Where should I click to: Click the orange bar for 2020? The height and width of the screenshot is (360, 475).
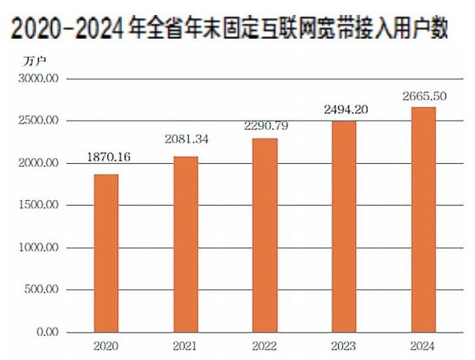(x=106, y=253)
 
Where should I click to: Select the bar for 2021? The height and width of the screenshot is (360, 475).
(x=185, y=244)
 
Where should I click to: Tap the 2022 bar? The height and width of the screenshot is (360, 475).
(x=265, y=236)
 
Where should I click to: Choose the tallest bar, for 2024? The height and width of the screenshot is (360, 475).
(x=422, y=220)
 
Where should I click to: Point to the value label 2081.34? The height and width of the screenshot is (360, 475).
(x=187, y=139)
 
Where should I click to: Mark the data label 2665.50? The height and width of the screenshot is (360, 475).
(x=424, y=95)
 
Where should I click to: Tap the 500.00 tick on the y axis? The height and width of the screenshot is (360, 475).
(x=41, y=290)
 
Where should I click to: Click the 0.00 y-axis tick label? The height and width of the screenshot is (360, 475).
(x=46, y=332)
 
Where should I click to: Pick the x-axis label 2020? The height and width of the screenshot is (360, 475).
(x=106, y=346)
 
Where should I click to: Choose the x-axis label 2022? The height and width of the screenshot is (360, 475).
(x=265, y=346)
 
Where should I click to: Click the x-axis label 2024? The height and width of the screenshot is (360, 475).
(x=422, y=346)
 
